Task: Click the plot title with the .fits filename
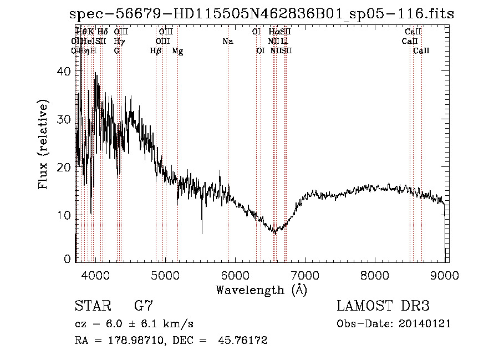[264, 14]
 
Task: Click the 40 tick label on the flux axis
[64, 72]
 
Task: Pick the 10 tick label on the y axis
[64, 215]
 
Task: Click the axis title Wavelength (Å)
[261, 290]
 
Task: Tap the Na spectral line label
[227, 42]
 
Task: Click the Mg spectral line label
[177, 51]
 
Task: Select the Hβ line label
[156, 51]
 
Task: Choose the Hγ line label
[119, 42]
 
